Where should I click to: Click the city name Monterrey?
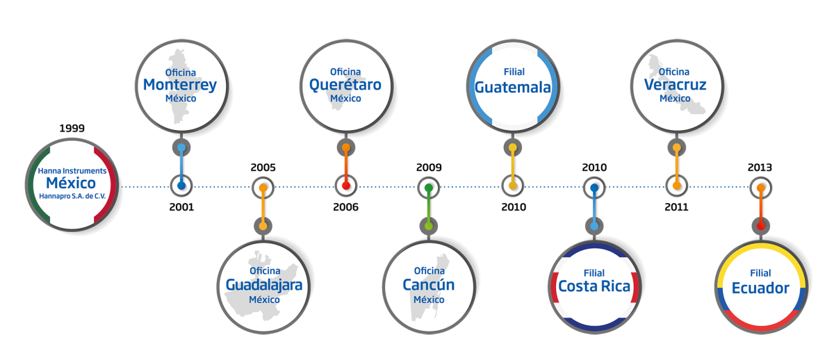180,85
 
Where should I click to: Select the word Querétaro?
345,85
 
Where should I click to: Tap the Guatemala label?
512,88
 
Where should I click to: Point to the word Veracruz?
675,85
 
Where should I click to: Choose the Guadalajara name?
264,285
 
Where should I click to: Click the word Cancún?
428,285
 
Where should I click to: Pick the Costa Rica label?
594,286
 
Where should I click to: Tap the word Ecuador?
760,288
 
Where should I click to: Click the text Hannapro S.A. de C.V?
72,197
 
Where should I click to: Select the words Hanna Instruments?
72,170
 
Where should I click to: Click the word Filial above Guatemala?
513,72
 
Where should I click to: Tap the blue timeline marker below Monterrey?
181,186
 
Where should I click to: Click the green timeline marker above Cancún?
429,188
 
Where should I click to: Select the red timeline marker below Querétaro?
346,186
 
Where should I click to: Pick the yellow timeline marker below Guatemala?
512,186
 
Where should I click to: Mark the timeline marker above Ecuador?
761,188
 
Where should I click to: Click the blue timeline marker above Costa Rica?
594,188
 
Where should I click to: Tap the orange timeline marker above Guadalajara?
263,188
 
